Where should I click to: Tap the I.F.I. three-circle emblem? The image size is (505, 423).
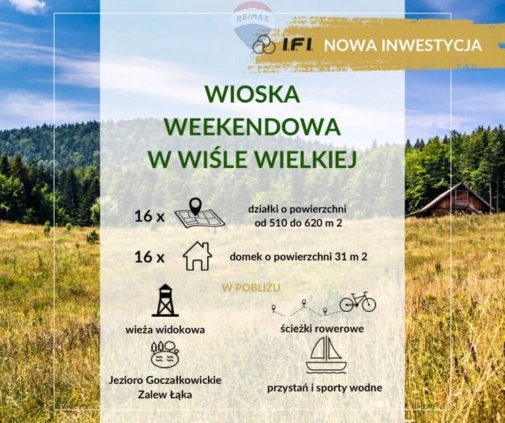tap(264, 45)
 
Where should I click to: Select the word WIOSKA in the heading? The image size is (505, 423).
tap(252, 94)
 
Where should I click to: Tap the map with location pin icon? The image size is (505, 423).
tap(200, 213)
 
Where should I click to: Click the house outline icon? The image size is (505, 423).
tap(197, 256)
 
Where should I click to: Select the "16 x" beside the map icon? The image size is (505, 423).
tap(149, 216)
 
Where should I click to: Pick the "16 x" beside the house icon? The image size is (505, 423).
tap(149, 257)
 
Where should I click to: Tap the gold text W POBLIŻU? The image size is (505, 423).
tap(251, 288)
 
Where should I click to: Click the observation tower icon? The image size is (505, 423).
tap(165, 300)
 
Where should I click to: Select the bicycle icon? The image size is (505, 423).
tap(358, 302)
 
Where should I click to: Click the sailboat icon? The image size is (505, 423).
tap(326, 355)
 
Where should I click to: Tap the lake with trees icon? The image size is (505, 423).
tap(165, 354)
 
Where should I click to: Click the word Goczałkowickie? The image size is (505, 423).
tap(184, 380)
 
